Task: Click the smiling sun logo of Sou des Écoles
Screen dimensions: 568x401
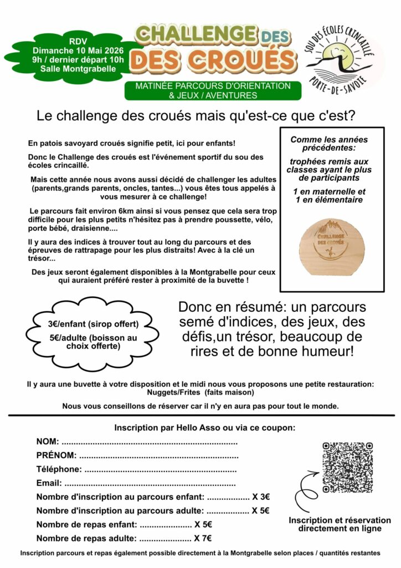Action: [x=343, y=58]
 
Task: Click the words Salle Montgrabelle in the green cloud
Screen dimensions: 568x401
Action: [x=78, y=69]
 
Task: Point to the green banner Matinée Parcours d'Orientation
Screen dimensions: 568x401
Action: [x=213, y=90]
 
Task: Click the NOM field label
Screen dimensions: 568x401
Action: [x=47, y=442]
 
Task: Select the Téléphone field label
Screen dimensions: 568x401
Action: [x=59, y=470]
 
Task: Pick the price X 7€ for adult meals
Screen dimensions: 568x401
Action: [x=203, y=538]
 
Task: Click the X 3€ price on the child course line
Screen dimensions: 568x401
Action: [x=261, y=497]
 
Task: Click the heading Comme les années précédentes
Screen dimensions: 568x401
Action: [x=329, y=144]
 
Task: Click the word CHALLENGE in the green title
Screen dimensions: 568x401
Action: [x=197, y=34]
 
